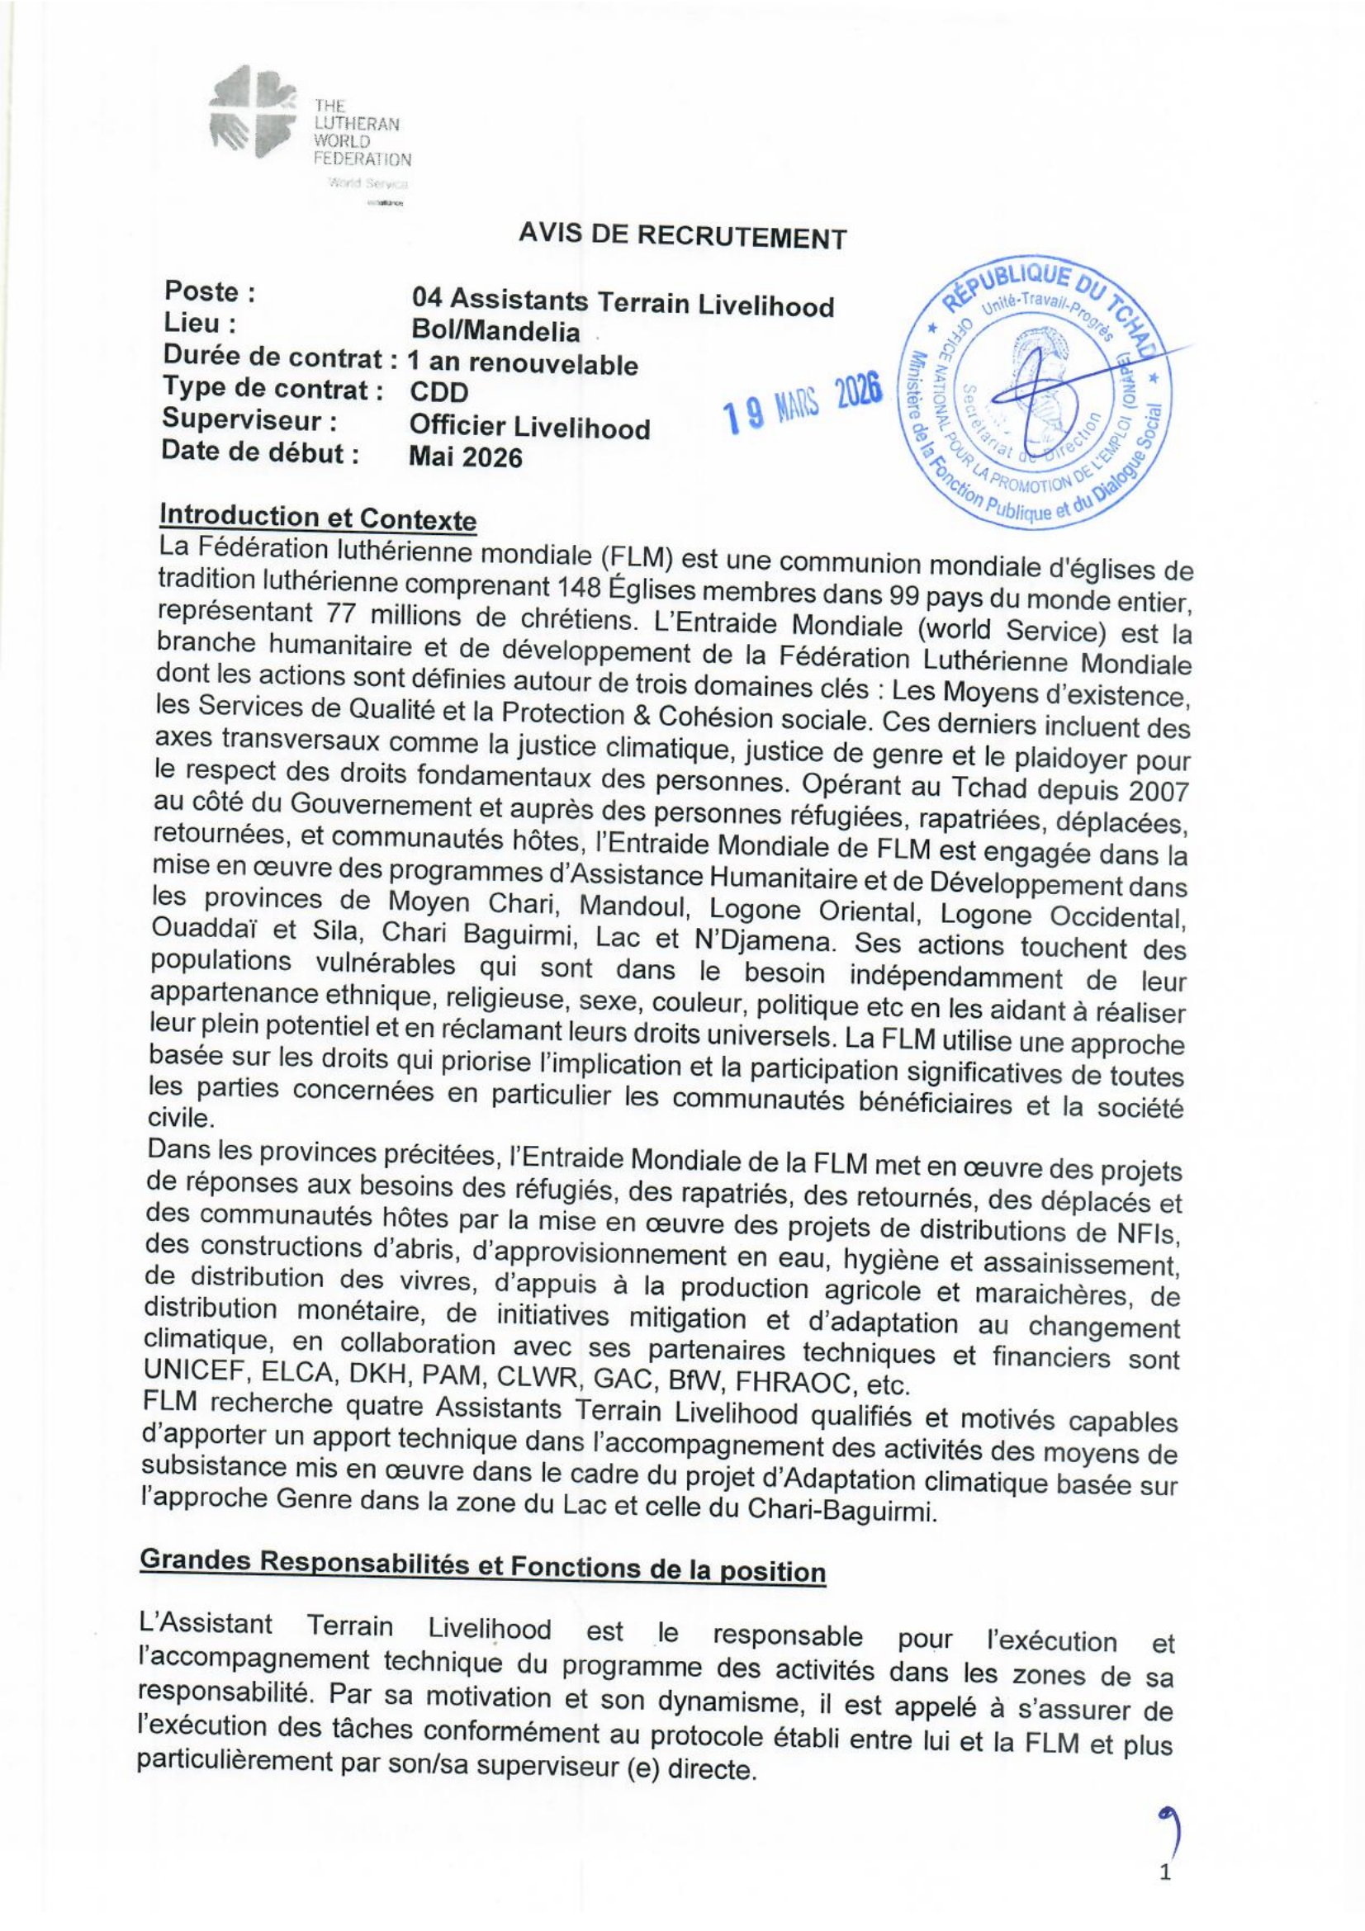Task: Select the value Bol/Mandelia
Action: click(495, 332)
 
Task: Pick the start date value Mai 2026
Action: click(464, 457)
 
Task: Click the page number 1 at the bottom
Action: click(1164, 1893)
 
